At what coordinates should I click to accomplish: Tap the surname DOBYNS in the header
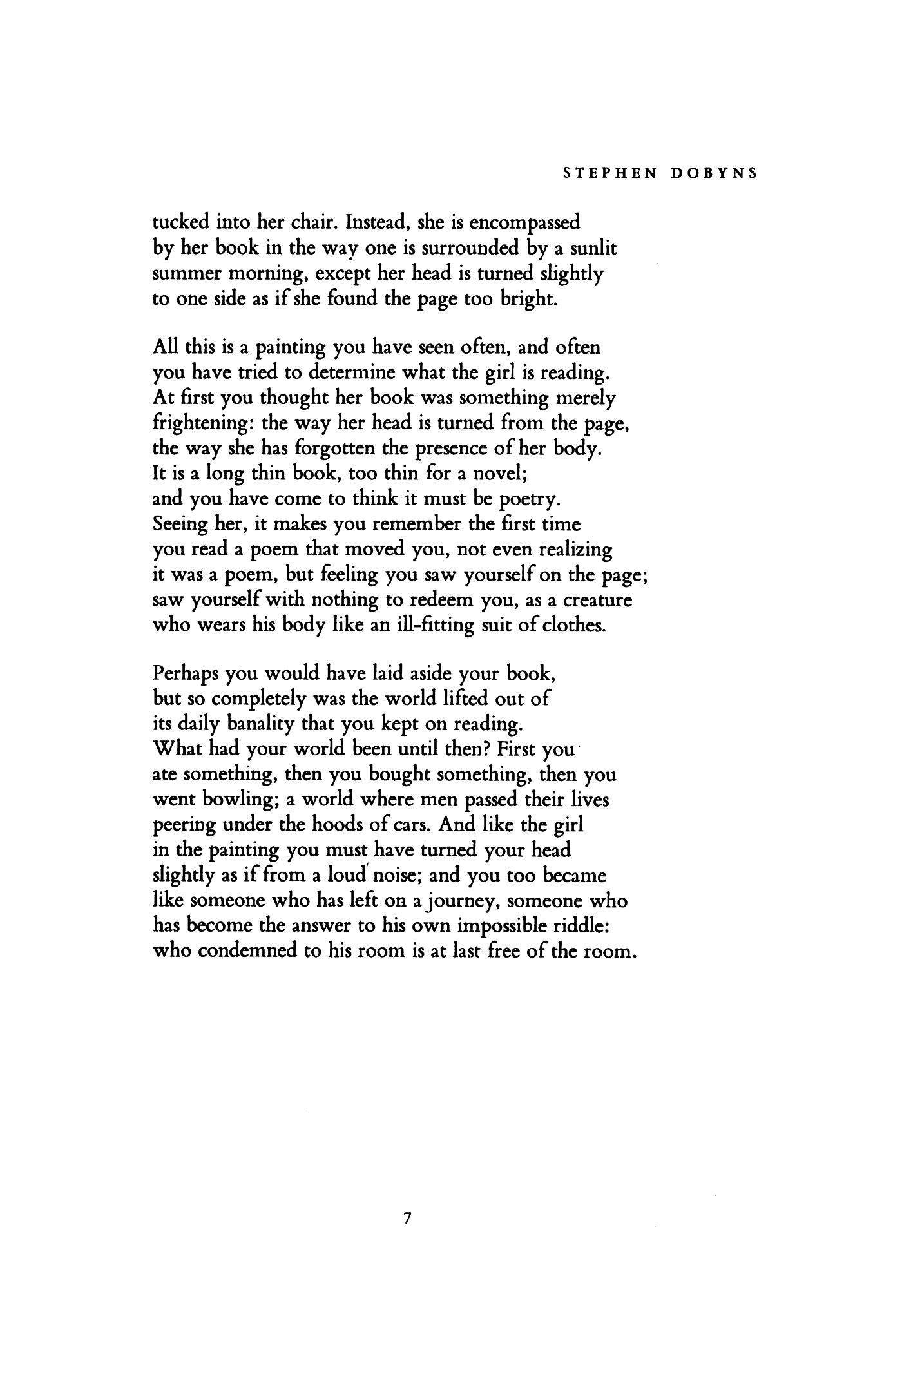(x=708, y=173)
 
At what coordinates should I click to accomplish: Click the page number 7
(x=406, y=1219)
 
